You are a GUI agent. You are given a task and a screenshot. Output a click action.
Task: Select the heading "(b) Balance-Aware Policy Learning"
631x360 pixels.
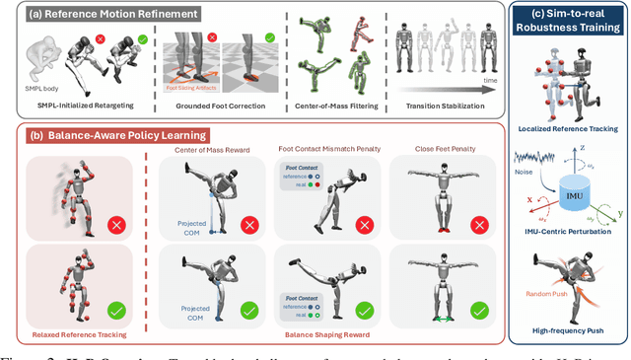[97, 135]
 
